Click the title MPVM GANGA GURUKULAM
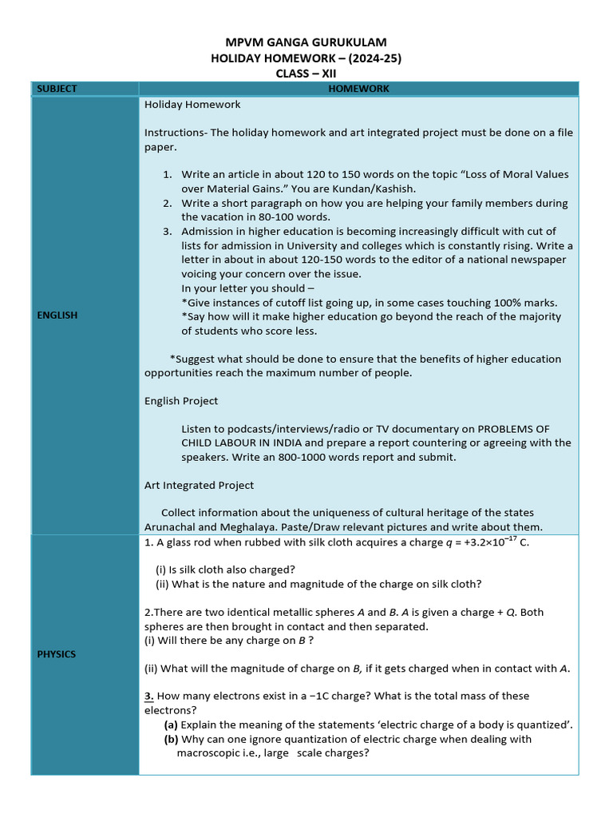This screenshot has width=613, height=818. coord(306,42)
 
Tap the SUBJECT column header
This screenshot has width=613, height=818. coord(55,89)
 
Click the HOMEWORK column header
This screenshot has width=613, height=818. coord(358,89)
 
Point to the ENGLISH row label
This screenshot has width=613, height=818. coord(57,316)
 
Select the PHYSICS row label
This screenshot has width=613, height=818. coord(57,654)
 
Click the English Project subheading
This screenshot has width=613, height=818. coord(181,401)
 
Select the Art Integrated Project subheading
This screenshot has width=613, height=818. coord(200,485)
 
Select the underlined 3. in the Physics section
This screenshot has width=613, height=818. coord(148,696)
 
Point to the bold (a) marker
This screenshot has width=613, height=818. coord(171,725)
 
